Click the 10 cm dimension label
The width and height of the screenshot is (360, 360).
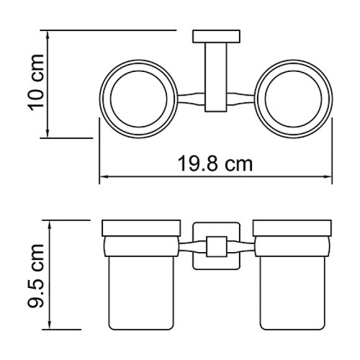pos(35,83)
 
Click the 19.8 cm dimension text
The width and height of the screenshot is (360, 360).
pos(215,163)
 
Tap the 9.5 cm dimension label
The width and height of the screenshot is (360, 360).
pos(35,276)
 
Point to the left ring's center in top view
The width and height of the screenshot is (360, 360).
pos(138,99)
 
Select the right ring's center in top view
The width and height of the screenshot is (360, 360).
pos(294,99)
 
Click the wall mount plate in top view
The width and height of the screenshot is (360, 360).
pos(216,36)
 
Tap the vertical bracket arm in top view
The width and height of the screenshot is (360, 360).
pos(216,77)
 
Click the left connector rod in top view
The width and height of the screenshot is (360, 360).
pos(191,99)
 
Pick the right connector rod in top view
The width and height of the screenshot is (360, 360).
pos(241,99)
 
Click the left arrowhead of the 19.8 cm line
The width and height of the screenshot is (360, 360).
pos(102,176)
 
